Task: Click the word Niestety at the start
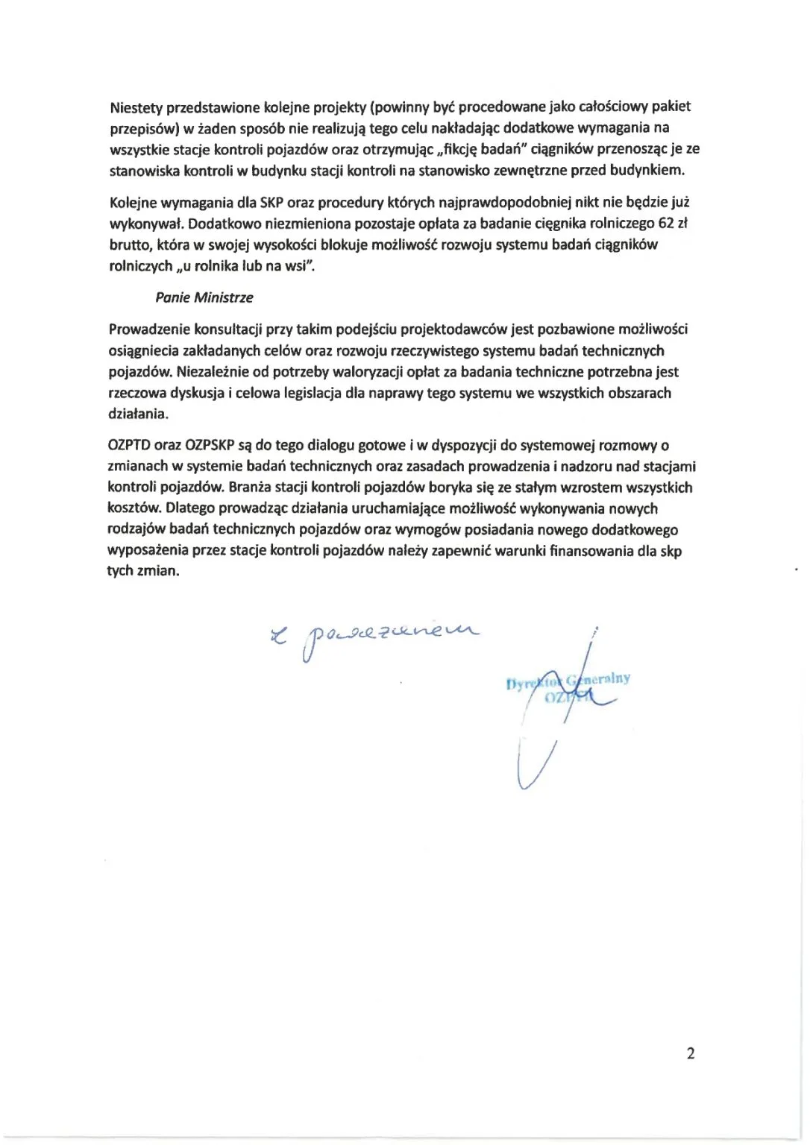pyautogui.click(x=136, y=107)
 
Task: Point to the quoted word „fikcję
pyautogui.click(x=462, y=149)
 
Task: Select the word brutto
pyautogui.click(x=128, y=245)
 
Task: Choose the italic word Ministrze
pyautogui.click(x=224, y=297)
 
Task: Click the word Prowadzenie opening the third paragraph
pyautogui.click(x=149, y=329)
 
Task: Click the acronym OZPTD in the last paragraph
pyautogui.click(x=129, y=446)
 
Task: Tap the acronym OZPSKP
pyautogui.click(x=210, y=446)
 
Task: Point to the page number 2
pyautogui.click(x=690, y=1053)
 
